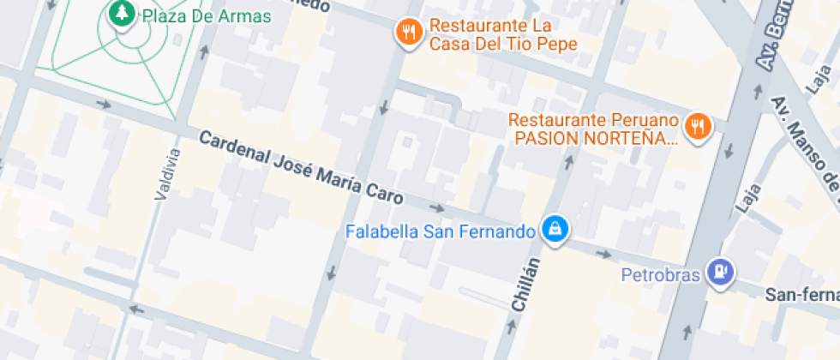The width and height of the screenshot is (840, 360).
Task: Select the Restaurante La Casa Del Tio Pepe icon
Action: (x=410, y=33)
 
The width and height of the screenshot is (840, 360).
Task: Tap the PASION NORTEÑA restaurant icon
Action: (x=700, y=128)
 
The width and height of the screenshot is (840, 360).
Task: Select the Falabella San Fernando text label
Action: (x=440, y=231)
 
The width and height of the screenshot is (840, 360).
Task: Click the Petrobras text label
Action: (x=661, y=275)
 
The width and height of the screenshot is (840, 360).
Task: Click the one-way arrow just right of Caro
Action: (x=437, y=207)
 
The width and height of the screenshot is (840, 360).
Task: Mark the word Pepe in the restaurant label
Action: (x=555, y=44)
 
